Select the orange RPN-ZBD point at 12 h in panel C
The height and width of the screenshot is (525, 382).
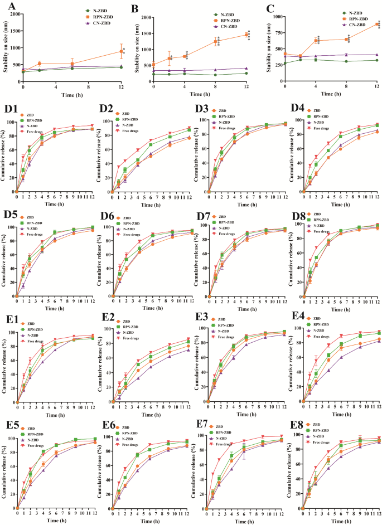(377, 25)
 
